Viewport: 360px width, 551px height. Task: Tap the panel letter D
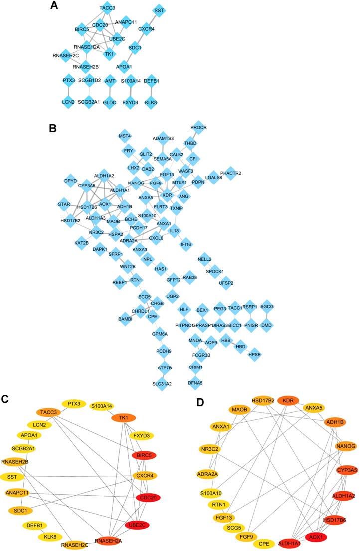[x=201, y=401]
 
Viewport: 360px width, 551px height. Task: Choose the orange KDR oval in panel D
[x=289, y=400]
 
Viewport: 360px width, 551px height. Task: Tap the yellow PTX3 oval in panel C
[x=74, y=404]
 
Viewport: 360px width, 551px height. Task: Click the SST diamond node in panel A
[x=159, y=9]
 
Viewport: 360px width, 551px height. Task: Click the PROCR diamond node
[x=199, y=127]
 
